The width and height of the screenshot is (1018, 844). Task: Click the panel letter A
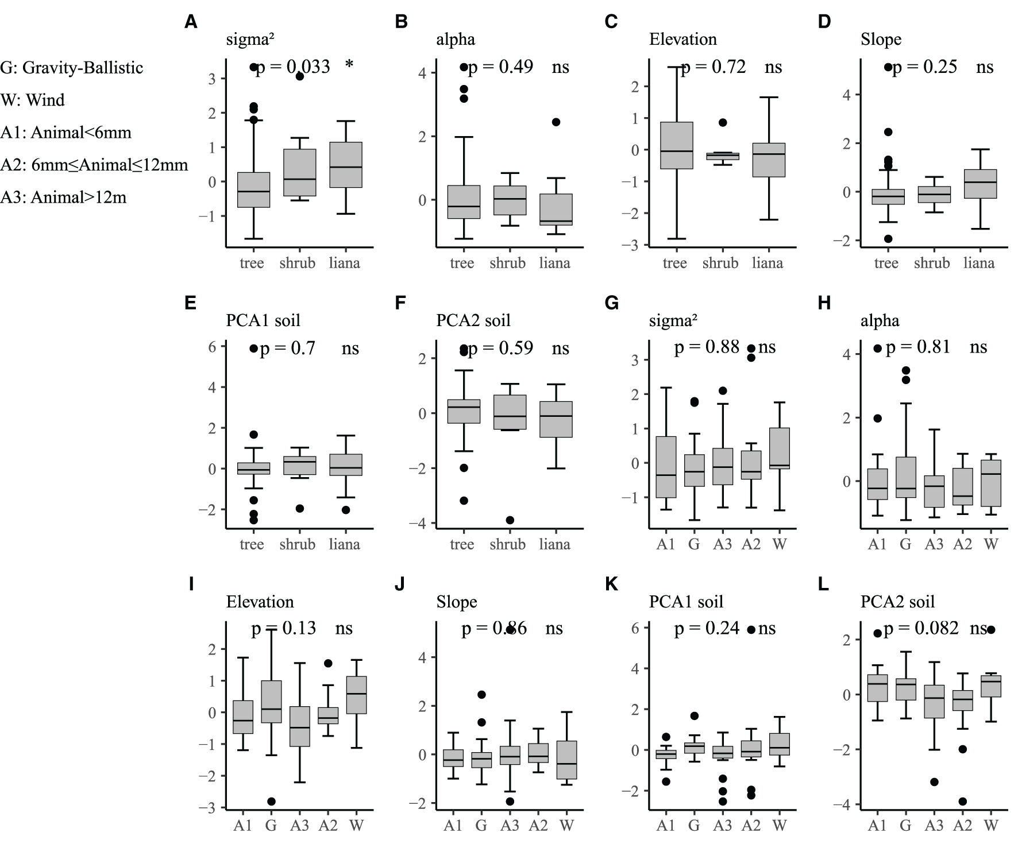tap(191, 22)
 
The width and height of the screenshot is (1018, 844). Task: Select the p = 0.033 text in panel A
tap(293, 67)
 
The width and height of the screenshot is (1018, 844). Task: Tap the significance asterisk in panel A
tap(349, 66)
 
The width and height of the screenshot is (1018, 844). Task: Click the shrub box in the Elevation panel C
tap(722, 156)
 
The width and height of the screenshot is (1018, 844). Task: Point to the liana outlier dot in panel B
tap(556, 122)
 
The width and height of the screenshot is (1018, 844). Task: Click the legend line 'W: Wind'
tap(33, 100)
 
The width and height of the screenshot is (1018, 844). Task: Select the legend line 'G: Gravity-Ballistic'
tap(72, 68)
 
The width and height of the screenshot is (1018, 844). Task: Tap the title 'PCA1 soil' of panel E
tap(263, 320)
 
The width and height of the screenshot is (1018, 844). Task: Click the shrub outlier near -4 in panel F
tap(509, 520)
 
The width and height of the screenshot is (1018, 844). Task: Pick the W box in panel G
tap(780, 448)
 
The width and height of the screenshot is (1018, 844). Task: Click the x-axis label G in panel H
tap(906, 544)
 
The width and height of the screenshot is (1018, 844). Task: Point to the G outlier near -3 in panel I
tap(271, 801)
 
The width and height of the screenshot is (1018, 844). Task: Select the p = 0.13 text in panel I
tap(284, 629)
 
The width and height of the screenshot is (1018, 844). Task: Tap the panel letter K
tap(612, 584)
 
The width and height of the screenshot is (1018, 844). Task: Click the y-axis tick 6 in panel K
tap(635, 628)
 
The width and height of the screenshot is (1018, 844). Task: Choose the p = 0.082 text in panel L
tap(921, 629)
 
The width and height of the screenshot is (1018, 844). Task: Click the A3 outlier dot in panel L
tap(935, 782)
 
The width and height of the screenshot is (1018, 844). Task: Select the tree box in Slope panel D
tap(888, 197)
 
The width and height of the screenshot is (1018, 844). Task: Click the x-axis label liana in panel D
tap(979, 263)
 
